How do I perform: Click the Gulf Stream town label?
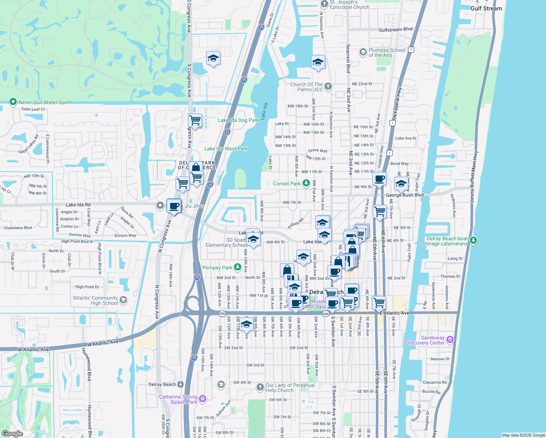486,8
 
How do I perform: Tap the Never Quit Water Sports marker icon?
13,102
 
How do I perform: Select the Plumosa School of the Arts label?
387,53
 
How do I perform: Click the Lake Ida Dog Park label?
238,120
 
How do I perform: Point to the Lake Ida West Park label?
226,149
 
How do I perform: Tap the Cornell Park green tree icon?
306,183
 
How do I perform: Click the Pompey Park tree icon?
238,267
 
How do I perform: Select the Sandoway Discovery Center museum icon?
450,340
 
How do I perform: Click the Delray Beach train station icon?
180,384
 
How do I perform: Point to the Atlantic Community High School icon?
123,300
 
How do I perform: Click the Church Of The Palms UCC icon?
328,87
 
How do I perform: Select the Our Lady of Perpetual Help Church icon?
260,387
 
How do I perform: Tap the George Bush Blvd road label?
405,195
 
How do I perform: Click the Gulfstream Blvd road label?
396,30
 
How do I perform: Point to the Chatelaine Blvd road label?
18,228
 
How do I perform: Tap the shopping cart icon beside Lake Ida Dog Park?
195,120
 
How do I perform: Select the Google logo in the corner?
12,434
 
